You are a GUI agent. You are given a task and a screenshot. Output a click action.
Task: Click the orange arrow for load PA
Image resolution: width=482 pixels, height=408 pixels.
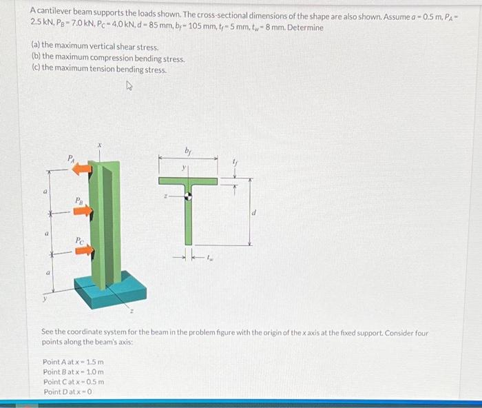tap(82, 169)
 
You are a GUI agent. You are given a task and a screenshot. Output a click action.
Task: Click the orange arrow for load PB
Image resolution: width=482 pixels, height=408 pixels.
tap(83, 211)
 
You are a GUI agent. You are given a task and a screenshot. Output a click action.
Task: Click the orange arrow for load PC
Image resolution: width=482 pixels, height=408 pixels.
tap(84, 250)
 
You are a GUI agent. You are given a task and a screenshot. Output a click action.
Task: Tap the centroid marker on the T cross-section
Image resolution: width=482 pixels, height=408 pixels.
tap(189, 196)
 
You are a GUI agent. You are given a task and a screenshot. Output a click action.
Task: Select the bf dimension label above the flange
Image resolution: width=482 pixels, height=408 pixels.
tap(187, 151)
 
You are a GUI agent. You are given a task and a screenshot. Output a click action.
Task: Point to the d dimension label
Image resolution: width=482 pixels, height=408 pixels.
tap(254, 212)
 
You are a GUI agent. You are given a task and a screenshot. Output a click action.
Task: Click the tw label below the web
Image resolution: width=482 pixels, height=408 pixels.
tap(210, 258)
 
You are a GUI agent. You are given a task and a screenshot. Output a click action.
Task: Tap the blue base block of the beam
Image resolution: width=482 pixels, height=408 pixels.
tap(110, 289)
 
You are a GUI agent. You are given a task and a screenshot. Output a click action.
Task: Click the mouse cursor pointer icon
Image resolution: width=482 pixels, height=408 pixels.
tap(129, 85)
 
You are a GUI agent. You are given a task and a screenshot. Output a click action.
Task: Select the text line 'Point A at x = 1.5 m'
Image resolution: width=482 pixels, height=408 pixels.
tap(73, 362)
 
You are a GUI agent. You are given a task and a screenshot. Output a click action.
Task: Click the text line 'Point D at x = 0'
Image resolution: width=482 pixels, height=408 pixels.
tap(67, 391)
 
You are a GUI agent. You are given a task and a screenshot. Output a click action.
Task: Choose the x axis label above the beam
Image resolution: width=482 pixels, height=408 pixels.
tap(100, 145)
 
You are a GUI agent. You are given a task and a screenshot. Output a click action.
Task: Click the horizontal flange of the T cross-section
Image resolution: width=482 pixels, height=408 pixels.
tap(188, 181)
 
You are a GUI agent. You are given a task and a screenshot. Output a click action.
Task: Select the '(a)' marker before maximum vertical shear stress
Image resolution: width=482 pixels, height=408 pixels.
tap(36, 45)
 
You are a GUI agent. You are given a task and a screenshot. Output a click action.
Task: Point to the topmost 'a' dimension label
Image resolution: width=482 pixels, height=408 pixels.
tap(45, 192)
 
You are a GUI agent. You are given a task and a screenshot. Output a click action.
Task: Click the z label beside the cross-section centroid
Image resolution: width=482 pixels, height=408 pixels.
tap(165, 196)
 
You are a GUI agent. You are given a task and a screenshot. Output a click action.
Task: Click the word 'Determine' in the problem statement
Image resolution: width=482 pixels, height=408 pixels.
tap(305, 28)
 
